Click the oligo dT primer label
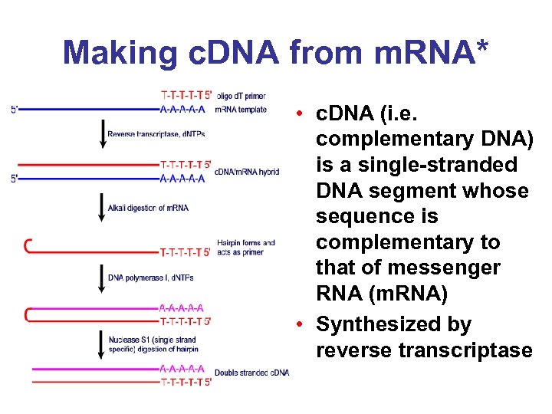[x=242, y=96]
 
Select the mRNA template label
[x=241, y=110]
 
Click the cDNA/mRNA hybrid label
[x=247, y=172]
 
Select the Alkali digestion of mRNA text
[x=148, y=208]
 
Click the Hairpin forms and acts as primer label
[x=245, y=247]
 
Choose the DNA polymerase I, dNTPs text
[x=150, y=278]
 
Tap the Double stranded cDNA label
[x=251, y=373]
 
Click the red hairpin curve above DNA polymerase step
[x=28, y=245]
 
